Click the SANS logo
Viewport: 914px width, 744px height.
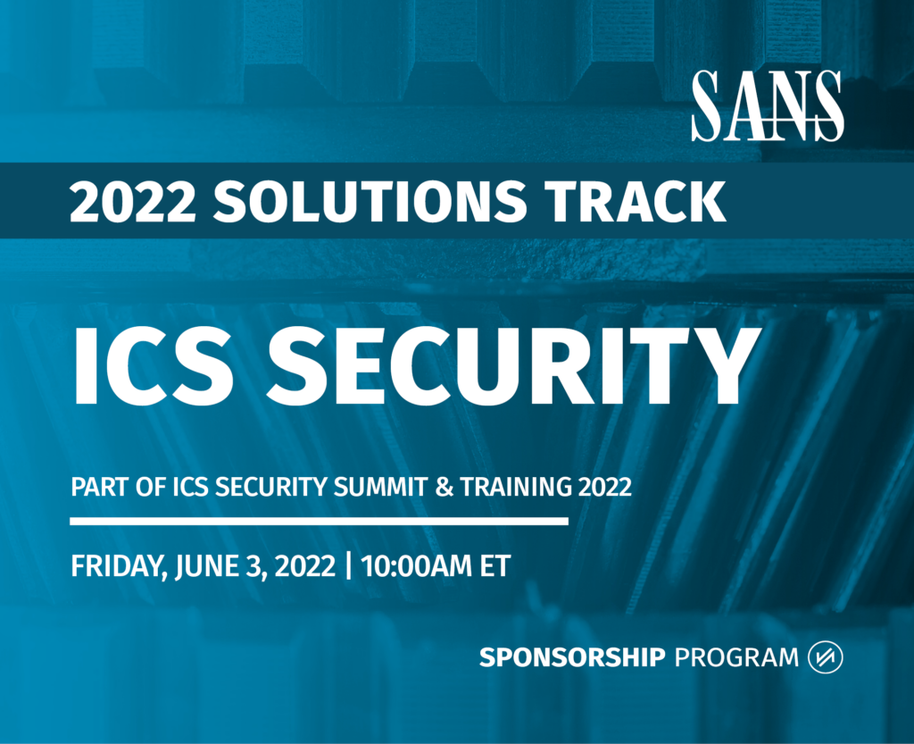click(x=768, y=105)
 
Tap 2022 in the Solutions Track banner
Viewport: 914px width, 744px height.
click(x=132, y=202)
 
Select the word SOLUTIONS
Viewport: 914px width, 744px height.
click(x=370, y=201)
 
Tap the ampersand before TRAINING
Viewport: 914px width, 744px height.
click(x=445, y=486)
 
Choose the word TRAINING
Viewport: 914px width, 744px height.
click(x=516, y=486)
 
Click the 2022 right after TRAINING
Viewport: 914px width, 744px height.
click(x=605, y=486)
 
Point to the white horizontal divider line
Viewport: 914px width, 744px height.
click(x=319, y=521)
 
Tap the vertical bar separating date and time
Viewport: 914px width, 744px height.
click(x=349, y=566)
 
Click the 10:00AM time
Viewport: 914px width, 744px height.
click(x=416, y=566)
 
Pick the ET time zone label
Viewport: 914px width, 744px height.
click(x=494, y=566)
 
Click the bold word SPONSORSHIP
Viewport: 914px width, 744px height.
click(x=572, y=657)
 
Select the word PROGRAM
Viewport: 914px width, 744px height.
click(x=736, y=657)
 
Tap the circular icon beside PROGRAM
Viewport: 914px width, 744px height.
click(x=825, y=657)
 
